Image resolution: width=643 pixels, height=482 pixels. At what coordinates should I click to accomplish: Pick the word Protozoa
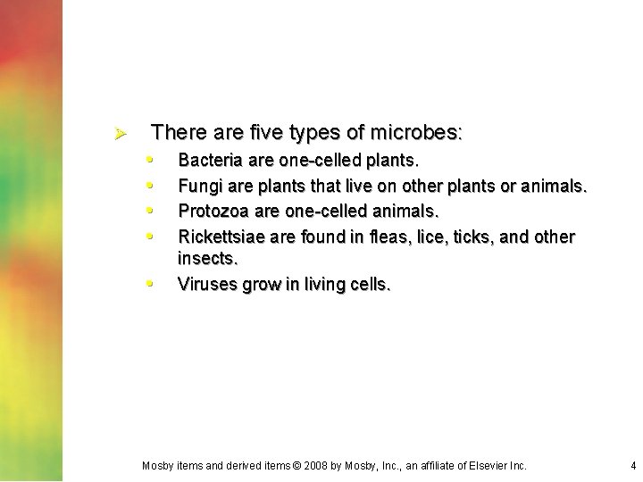[x=213, y=211]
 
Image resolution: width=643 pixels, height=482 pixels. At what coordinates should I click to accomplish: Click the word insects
[x=207, y=259]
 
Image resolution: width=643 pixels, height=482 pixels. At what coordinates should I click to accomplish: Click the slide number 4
[x=632, y=465]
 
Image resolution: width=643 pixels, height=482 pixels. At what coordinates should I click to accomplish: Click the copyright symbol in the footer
[x=299, y=465]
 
